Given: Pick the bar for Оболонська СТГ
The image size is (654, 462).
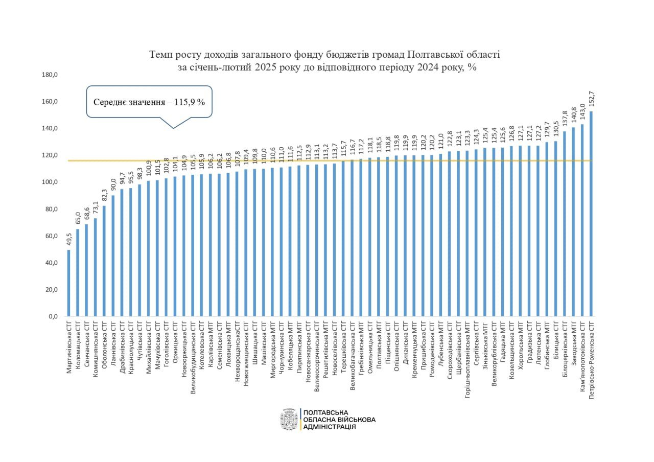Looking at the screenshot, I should pos(104,261).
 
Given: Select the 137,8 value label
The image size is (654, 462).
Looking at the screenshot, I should pos(565,120).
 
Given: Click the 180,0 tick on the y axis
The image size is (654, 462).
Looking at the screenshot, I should pos(50,75).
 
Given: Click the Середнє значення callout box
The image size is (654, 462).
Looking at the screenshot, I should pos(149,102).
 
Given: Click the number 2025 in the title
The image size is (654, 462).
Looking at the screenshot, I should pos(251,67).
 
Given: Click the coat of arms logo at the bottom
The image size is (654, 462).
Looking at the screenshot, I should pos(289,420).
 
